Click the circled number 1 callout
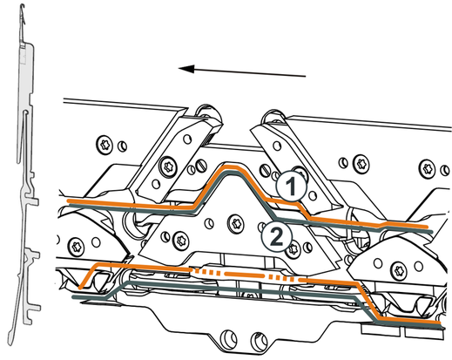(291, 187)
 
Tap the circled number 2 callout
(276, 237)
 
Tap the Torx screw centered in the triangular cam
(235, 223)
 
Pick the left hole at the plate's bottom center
(228, 337)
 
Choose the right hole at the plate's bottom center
(258, 340)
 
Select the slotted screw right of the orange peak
(264, 171)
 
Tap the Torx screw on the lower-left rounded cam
(78, 246)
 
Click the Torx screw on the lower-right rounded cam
(398, 270)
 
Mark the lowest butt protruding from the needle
(34, 308)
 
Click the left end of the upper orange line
(68, 201)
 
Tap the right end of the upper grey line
(432, 232)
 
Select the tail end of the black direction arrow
(306, 77)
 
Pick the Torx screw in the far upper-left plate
(105, 145)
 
